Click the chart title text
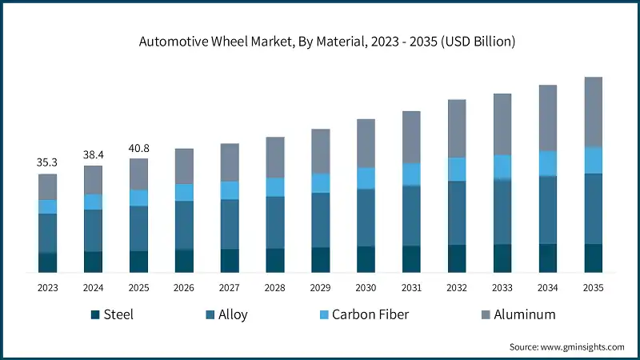click(320, 42)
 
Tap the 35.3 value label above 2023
click(47, 162)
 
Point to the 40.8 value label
click(138, 147)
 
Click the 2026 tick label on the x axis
click(184, 287)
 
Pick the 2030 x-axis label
click(366, 287)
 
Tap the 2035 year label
click(593, 287)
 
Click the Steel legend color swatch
click(94, 314)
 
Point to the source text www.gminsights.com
click(566, 346)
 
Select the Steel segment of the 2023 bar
click(47, 262)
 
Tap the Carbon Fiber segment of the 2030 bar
click(366, 178)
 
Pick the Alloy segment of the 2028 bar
click(275, 222)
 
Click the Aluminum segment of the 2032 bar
click(457, 128)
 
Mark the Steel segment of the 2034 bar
click(548, 258)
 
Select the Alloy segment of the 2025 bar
click(138, 228)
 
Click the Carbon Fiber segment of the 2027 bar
click(230, 190)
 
